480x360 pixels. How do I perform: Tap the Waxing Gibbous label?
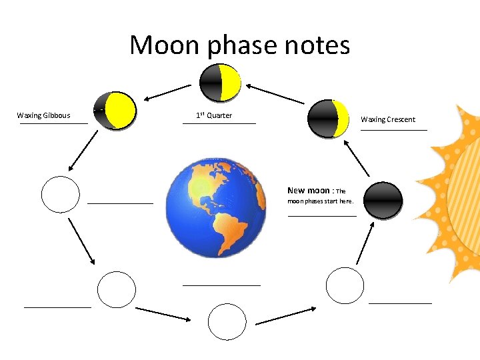pyautogui.click(x=43, y=115)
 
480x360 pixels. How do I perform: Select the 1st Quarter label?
pyautogui.click(x=214, y=115)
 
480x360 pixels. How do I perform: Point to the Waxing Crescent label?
pyautogui.click(x=388, y=119)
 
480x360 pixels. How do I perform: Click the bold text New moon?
pyautogui.click(x=308, y=190)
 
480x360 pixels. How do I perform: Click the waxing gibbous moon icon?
pyautogui.click(x=115, y=110)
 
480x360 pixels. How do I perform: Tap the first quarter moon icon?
pyautogui.click(x=220, y=83)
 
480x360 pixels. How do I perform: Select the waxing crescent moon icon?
pyautogui.click(x=329, y=119)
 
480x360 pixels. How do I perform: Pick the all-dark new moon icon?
pyautogui.click(x=384, y=200)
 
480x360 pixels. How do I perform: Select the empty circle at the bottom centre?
pyautogui.click(x=227, y=322)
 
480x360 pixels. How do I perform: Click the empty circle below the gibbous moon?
pyautogui.click(x=60, y=194)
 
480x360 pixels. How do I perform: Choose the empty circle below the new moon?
pyautogui.click(x=345, y=285)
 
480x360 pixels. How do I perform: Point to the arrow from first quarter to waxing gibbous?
pyautogui.click(x=167, y=92)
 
